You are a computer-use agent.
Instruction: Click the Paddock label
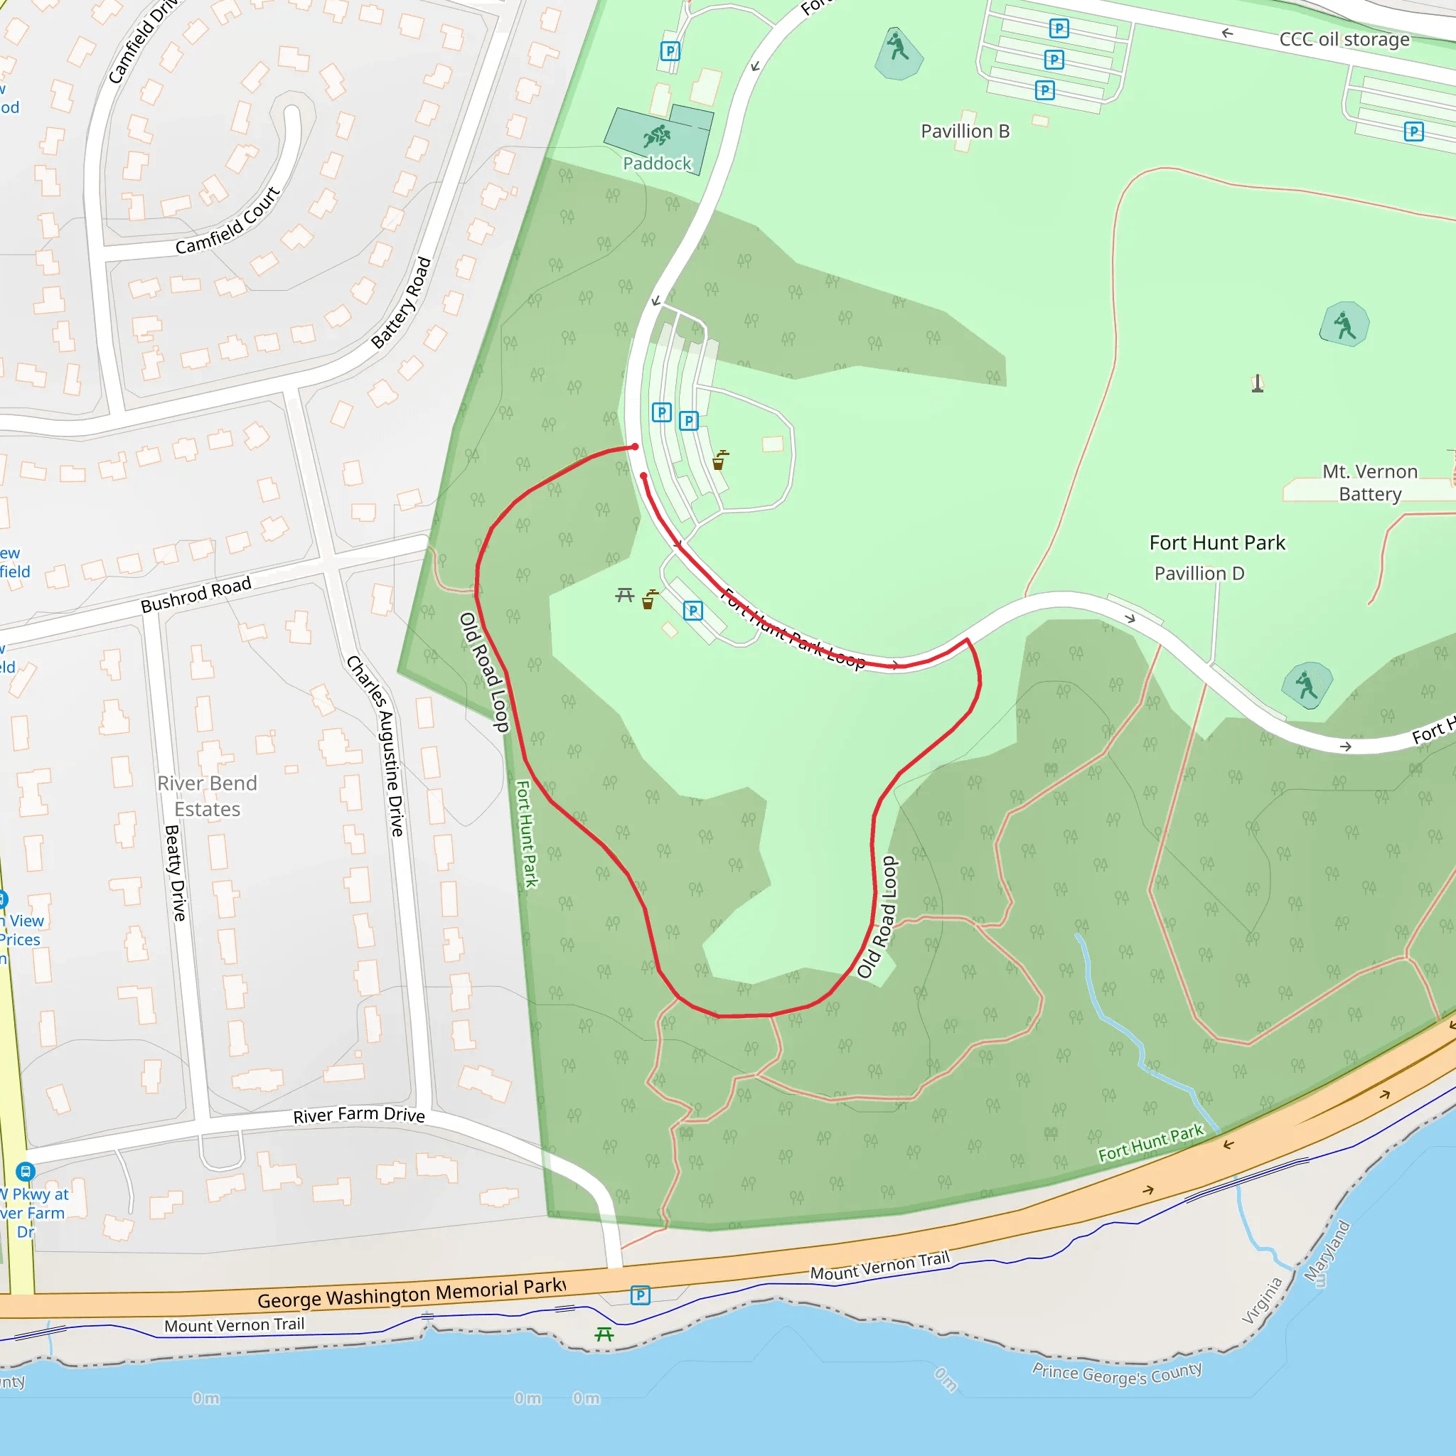(x=656, y=164)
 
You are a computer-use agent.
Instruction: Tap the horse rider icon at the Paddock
(x=657, y=136)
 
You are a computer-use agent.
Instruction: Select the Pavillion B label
(x=965, y=131)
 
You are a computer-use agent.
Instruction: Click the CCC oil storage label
(x=1344, y=39)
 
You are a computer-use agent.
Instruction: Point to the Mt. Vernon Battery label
(x=1369, y=482)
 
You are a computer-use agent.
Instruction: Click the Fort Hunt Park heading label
(x=1216, y=542)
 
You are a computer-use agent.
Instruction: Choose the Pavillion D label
(x=1199, y=574)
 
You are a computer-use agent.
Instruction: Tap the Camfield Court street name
(x=227, y=221)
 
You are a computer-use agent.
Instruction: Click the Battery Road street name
(x=401, y=303)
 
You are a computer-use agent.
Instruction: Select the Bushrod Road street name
(x=196, y=595)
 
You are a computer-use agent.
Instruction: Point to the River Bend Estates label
(x=208, y=796)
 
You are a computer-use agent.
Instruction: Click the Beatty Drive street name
(x=175, y=873)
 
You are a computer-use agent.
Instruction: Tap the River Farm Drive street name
(x=359, y=1115)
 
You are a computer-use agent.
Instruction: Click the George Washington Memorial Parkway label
(x=412, y=1293)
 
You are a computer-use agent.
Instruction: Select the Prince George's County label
(x=1116, y=1373)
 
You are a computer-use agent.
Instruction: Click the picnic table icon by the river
(x=604, y=1334)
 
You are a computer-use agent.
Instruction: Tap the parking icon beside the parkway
(x=640, y=1295)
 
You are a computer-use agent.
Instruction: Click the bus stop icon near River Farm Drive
(x=26, y=1171)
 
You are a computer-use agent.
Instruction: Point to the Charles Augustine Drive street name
(x=376, y=746)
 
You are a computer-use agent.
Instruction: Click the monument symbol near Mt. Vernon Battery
(x=1257, y=384)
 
